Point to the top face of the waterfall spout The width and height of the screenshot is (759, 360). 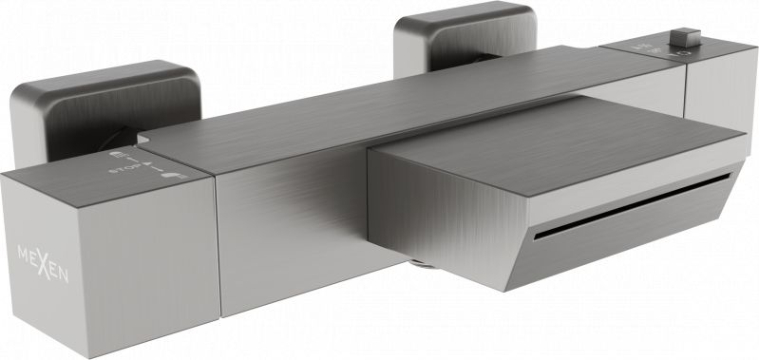(560, 133)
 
